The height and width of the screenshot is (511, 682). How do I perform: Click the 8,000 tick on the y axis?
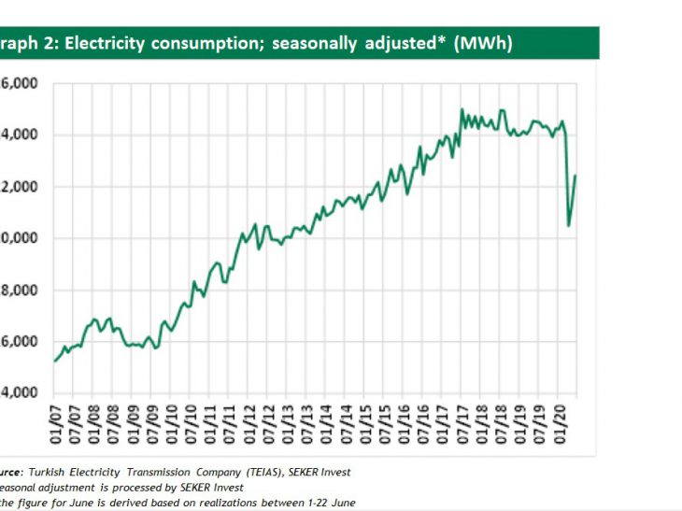pyautogui.click(x=19, y=290)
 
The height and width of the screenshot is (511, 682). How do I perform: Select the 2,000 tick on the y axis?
pyautogui.click(x=19, y=187)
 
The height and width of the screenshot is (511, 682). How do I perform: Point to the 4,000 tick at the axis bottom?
pyautogui.click(x=19, y=392)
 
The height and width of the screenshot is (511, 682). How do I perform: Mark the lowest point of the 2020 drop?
pyautogui.click(x=569, y=225)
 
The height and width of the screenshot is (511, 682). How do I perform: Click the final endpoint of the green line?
pyautogui.click(x=575, y=176)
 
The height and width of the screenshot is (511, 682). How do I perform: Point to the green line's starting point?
pyautogui.click(x=54, y=361)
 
